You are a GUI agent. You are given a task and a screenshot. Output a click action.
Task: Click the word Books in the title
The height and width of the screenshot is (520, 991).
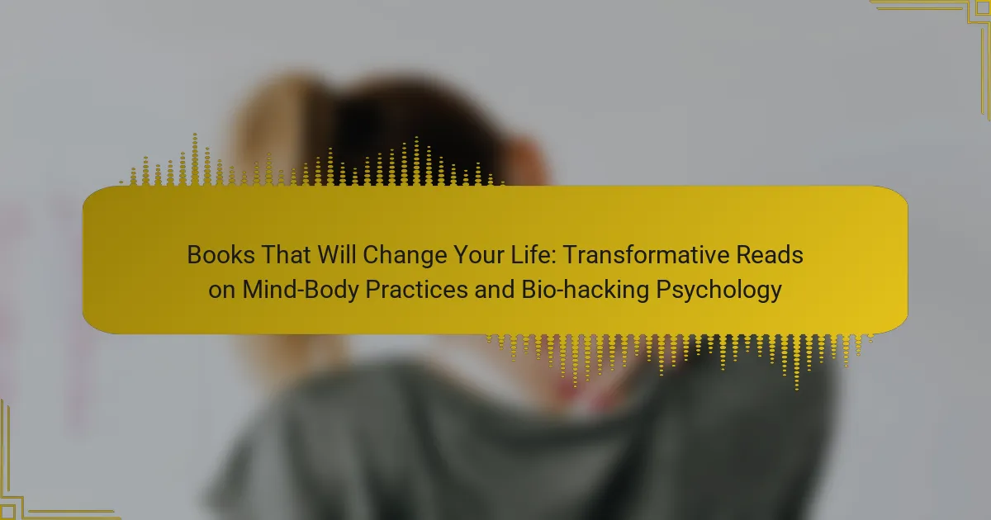pyautogui.click(x=220, y=255)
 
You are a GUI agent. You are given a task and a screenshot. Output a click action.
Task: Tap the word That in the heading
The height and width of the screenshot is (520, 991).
pyautogui.click(x=286, y=255)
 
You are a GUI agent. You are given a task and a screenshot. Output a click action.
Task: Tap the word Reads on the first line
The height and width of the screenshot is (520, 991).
pyautogui.click(x=770, y=255)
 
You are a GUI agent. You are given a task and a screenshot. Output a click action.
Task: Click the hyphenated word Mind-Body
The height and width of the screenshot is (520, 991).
pyautogui.click(x=301, y=291)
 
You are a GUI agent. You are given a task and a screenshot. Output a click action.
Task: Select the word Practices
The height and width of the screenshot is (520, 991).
pyautogui.click(x=417, y=290)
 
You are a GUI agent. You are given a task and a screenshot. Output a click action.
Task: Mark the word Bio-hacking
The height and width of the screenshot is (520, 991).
pyautogui.click(x=586, y=291)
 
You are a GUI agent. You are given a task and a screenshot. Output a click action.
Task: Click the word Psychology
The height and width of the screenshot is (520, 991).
pyautogui.click(x=719, y=291)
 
